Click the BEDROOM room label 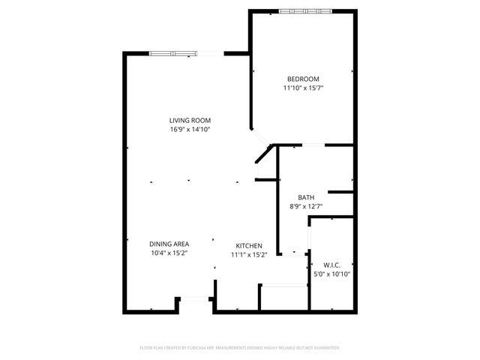click(x=303, y=79)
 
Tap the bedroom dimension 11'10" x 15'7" click(x=303, y=88)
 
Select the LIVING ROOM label click(x=190, y=120)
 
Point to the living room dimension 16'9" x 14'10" click(x=190, y=129)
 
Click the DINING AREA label click(x=169, y=244)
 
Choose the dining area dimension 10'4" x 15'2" click(x=169, y=253)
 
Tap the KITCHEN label click(x=248, y=246)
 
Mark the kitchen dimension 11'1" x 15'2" click(x=248, y=255)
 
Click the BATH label click(x=306, y=198)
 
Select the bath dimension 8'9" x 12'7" click(x=306, y=207)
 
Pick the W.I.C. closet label click(x=332, y=265)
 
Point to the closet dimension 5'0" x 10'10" click(x=332, y=274)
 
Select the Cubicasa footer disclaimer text click(x=240, y=348)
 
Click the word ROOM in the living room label click(x=201, y=120)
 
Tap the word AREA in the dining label click(x=179, y=244)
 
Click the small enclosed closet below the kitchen click(x=283, y=297)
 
